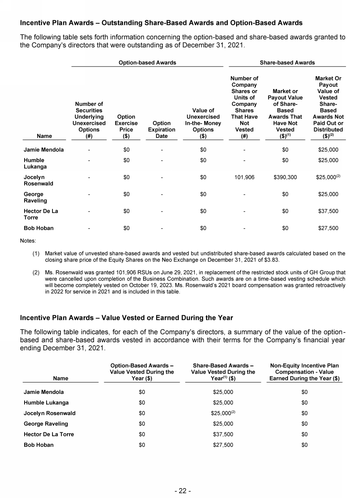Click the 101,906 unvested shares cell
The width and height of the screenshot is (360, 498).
click(x=244, y=177)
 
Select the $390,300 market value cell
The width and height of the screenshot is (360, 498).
click(x=285, y=177)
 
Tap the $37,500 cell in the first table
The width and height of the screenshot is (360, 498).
click(x=328, y=211)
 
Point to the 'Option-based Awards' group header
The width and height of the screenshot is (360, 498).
click(x=147, y=62)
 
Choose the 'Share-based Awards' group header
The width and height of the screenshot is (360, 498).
click(x=287, y=62)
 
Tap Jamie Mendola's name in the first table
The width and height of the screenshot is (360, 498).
click(x=44, y=149)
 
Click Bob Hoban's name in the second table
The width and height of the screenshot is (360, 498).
click(x=39, y=445)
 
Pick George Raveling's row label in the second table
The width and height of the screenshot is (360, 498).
click(x=46, y=424)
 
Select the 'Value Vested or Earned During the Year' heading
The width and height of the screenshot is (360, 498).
click(x=126, y=318)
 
